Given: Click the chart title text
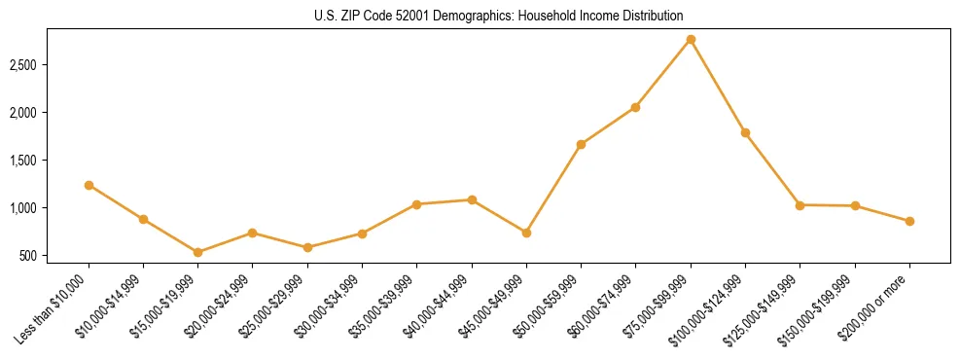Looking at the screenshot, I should [x=499, y=16].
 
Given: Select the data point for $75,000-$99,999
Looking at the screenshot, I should [x=691, y=39].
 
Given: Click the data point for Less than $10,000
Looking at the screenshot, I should [x=89, y=185].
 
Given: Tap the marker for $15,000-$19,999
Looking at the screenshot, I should [x=198, y=252].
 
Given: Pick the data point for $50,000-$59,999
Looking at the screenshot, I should [x=581, y=144].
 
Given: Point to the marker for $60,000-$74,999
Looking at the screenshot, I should [x=635, y=107].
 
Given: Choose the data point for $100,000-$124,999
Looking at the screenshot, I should [x=745, y=132].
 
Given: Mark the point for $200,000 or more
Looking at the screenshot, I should [x=909, y=221].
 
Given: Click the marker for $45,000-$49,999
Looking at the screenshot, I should [x=526, y=233].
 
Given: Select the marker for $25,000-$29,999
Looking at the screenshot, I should [x=307, y=247].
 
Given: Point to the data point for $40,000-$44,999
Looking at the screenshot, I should [x=472, y=199].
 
